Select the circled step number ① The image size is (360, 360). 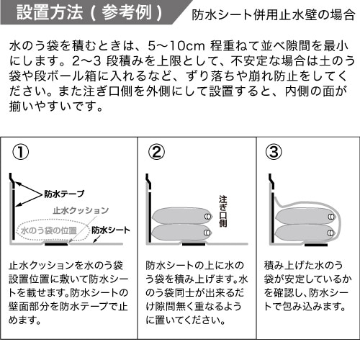22,152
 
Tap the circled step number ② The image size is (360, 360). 156,152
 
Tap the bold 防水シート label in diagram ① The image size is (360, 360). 111,230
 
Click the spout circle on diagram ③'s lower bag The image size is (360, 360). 330,232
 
